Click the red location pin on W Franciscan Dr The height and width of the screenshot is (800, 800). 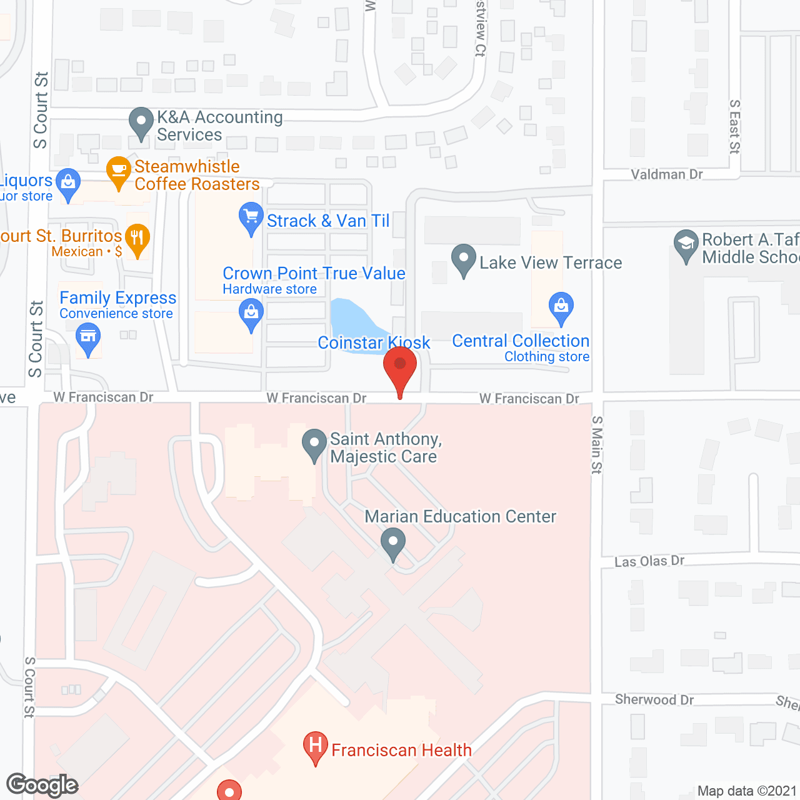pyautogui.click(x=400, y=366)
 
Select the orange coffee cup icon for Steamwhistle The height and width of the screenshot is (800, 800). pyautogui.click(x=118, y=171)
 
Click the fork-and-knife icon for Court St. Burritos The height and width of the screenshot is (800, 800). pyautogui.click(x=137, y=239)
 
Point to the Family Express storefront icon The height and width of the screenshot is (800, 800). pyautogui.click(x=88, y=339)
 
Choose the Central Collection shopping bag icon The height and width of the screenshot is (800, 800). pyautogui.click(x=561, y=307)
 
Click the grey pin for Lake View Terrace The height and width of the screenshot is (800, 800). pyautogui.click(x=464, y=259)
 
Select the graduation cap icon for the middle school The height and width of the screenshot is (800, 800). pyautogui.click(x=686, y=244)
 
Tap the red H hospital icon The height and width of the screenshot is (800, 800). pyautogui.click(x=316, y=746)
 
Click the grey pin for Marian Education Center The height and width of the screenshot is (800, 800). pyautogui.click(x=393, y=542)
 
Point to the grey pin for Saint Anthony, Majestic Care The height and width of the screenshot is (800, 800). pyautogui.click(x=314, y=444)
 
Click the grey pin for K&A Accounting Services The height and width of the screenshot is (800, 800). pyautogui.click(x=141, y=122)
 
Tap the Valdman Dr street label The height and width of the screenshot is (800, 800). pyautogui.click(x=667, y=174)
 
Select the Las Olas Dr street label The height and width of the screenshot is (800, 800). pyautogui.click(x=649, y=561)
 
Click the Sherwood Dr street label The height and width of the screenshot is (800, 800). pyautogui.click(x=654, y=699)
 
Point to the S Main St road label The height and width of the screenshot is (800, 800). pyautogui.click(x=597, y=445)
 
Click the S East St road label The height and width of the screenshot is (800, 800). pyautogui.click(x=735, y=126)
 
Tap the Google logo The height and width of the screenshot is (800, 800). pyautogui.click(x=42, y=785)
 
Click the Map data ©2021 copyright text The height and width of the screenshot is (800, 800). pyautogui.click(x=747, y=791)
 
